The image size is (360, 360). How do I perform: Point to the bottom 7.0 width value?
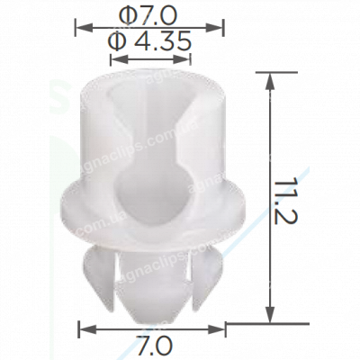[x=150, y=345]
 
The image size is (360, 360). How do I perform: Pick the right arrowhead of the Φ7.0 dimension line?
[x=220, y=27]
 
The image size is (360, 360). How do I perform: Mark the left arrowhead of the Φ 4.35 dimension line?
[x=111, y=58]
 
